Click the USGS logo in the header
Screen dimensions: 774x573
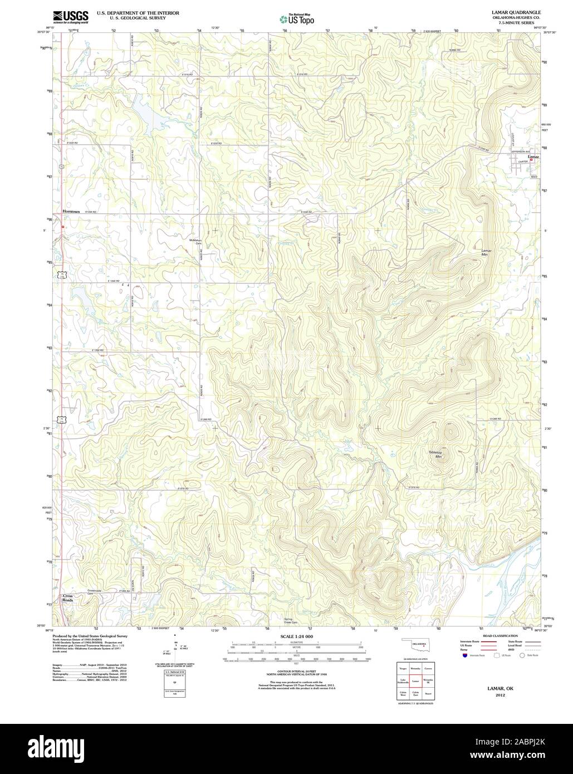(71, 17)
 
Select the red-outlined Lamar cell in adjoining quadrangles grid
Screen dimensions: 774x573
(415, 680)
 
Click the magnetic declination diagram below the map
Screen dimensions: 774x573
(175, 646)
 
